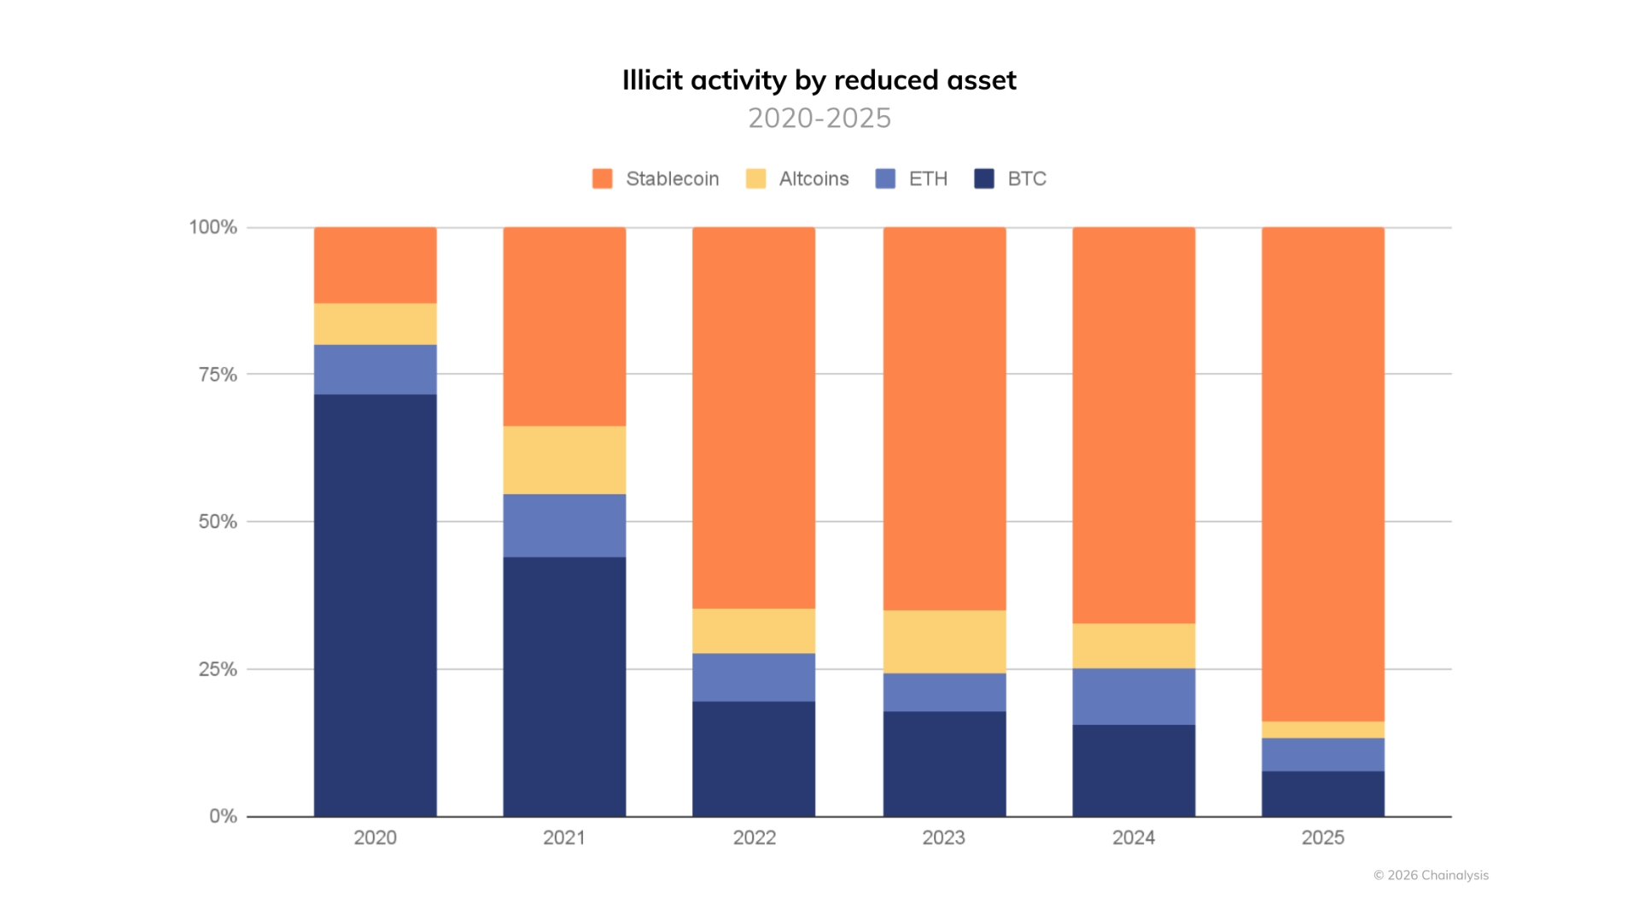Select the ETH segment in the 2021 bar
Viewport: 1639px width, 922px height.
pyautogui.click(x=564, y=525)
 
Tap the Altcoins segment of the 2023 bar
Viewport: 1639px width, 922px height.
pyautogui.click(x=944, y=641)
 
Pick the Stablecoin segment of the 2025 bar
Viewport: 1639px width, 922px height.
pyautogui.click(x=1322, y=474)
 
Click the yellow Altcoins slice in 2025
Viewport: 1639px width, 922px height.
pyautogui.click(x=1322, y=730)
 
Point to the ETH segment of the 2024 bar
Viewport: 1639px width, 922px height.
pyautogui.click(x=1134, y=696)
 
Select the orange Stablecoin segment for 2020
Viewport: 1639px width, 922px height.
pyautogui.click(x=375, y=265)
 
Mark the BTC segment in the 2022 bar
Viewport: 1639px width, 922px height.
pyautogui.click(x=753, y=758)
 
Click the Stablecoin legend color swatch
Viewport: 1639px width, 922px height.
pyautogui.click(x=602, y=178)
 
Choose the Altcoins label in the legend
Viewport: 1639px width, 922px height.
pyautogui.click(x=814, y=178)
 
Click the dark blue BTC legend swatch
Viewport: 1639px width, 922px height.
pyautogui.click(x=983, y=178)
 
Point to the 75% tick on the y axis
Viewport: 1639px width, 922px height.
pyautogui.click(x=218, y=375)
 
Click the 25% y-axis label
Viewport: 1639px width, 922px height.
pyautogui.click(x=218, y=669)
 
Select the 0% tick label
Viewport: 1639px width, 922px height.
pyautogui.click(x=223, y=816)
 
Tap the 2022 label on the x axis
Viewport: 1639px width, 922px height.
pyautogui.click(x=754, y=837)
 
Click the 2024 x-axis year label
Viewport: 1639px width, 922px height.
pyautogui.click(x=1133, y=837)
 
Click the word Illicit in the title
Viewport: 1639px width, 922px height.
pyautogui.click(x=652, y=80)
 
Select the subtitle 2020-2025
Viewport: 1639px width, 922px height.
pyautogui.click(x=819, y=118)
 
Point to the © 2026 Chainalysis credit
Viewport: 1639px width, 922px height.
pyautogui.click(x=1431, y=875)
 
